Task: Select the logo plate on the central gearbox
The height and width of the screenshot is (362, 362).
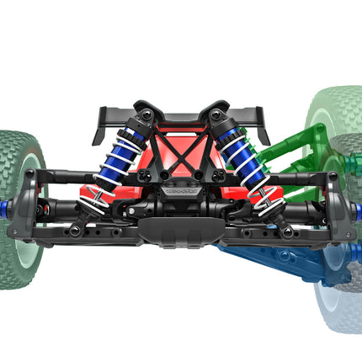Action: [x=181, y=191]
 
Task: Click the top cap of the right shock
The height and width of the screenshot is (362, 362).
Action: [x=218, y=113]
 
